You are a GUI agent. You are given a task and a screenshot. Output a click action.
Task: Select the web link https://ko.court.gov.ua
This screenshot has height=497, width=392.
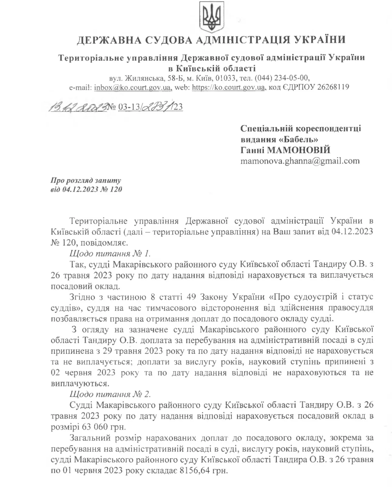pyautogui.click(x=228, y=87)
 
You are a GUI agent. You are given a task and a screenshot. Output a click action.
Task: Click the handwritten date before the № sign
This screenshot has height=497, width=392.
pyautogui.click(x=78, y=107)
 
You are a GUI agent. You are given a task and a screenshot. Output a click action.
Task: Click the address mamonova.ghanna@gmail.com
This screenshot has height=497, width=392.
pyautogui.click(x=300, y=161)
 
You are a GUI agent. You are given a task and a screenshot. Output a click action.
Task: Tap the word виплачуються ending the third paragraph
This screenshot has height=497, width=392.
pyautogui.click(x=80, y=384)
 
